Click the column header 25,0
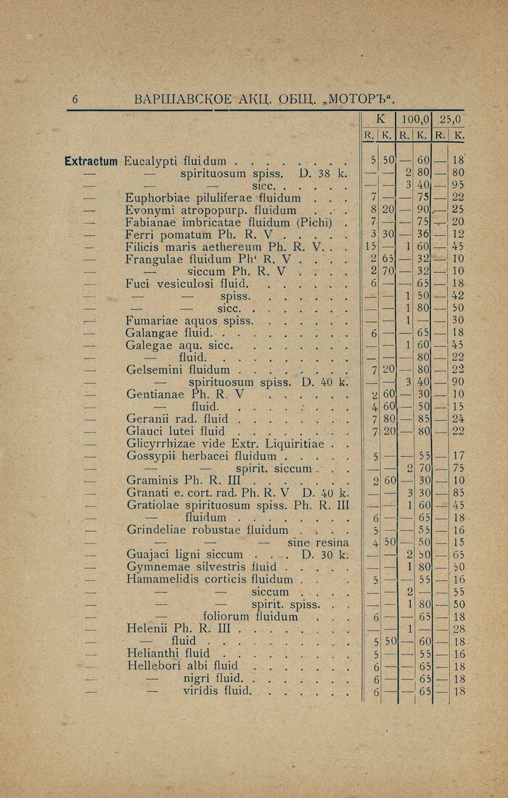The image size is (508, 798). [450, 120]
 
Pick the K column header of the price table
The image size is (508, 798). [378, 120]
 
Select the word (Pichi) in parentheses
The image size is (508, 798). [316, 222]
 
